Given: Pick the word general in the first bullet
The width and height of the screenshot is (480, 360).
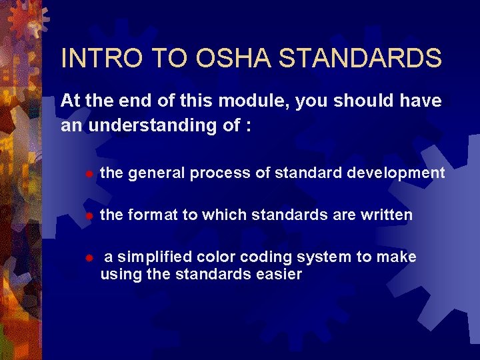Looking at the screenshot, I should coord(157,173).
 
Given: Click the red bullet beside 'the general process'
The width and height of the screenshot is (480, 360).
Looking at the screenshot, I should coord(88,174).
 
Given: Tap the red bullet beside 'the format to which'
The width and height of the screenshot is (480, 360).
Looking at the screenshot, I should coord(88,216).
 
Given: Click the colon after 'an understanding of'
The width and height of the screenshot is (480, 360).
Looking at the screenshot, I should coord(248,127).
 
